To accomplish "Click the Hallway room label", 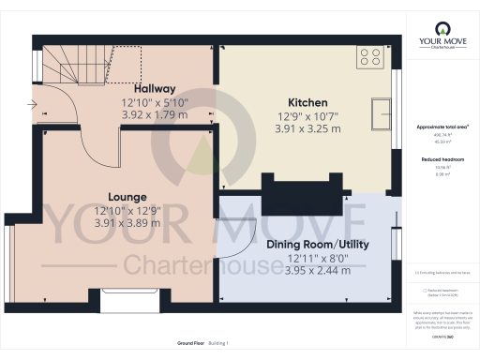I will pos(154,88).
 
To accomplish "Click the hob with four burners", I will pos(368,58).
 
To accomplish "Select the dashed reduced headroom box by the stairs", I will pos(103,64).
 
